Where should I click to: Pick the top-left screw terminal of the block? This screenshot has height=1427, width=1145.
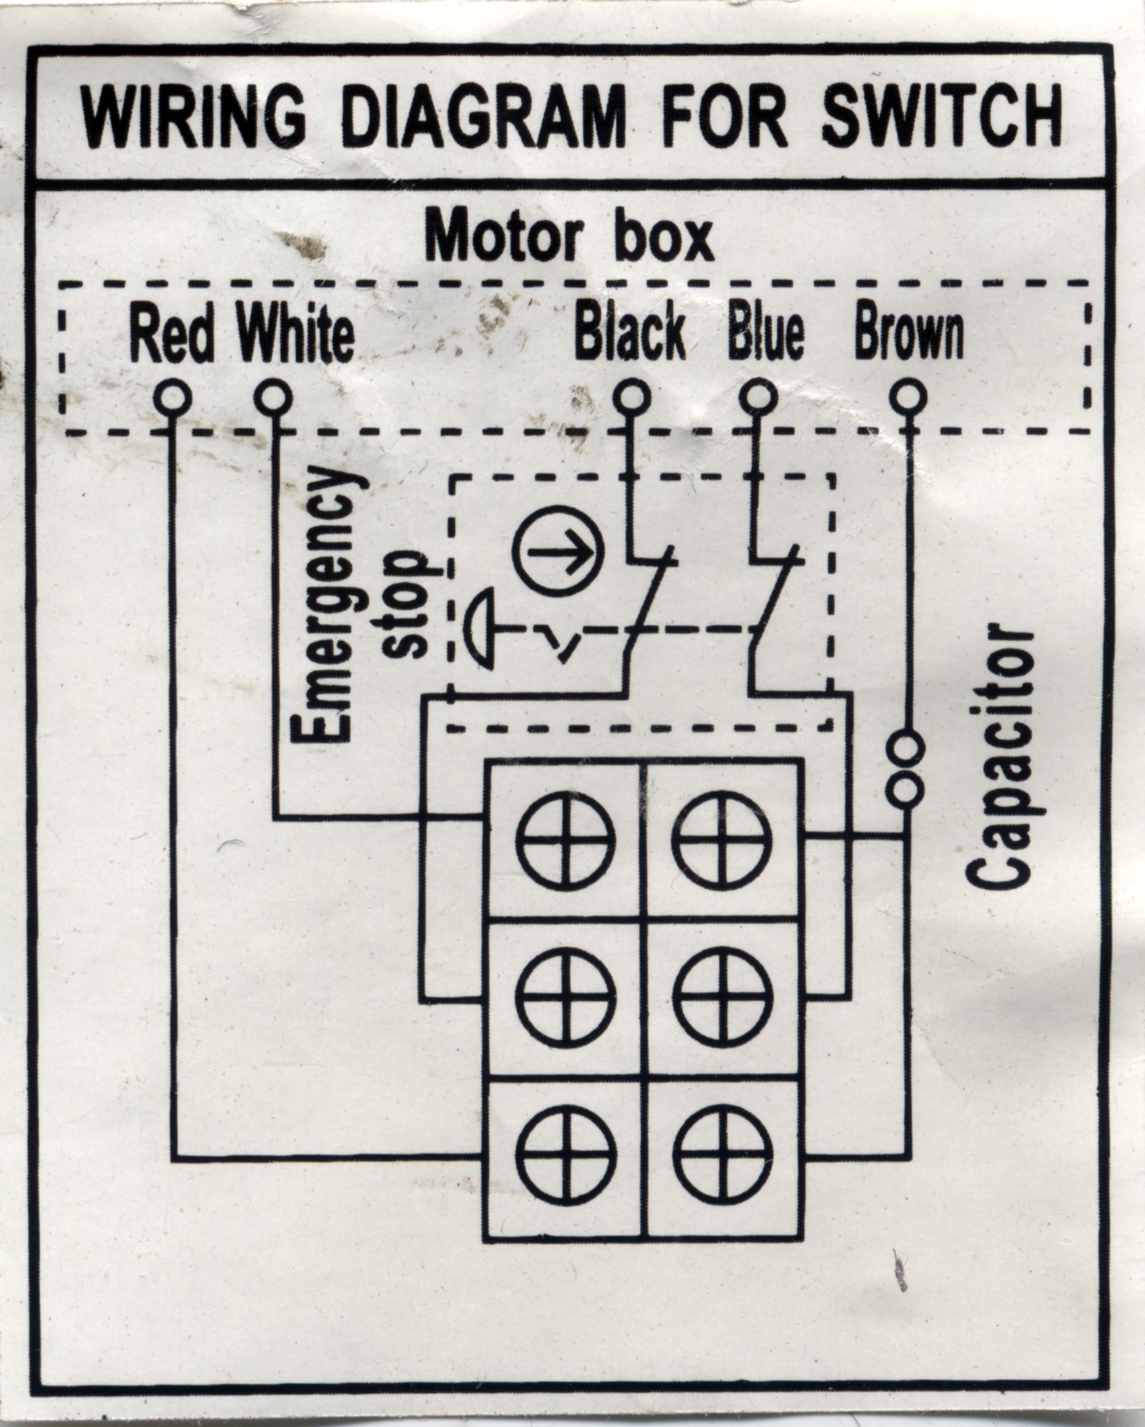tap(566, 838)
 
